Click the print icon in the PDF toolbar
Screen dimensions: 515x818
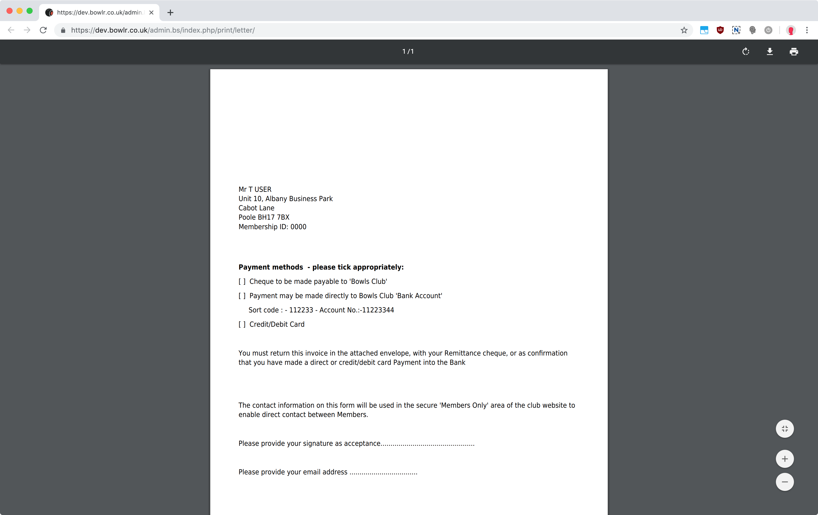tap(793, 52)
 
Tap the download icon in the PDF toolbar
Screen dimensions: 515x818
tap(770, 52)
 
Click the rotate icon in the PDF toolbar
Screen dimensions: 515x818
tap(746, 52)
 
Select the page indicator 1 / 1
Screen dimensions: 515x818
tap(408, 52)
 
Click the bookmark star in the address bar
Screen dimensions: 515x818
tap(684, 30)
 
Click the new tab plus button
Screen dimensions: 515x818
tap(170, 13)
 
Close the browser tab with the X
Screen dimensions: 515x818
tap(152, 13)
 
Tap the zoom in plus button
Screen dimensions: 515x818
tap(785, 459)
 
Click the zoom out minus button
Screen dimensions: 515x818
tap(785, 482)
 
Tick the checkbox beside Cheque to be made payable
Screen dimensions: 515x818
tap(242, 282)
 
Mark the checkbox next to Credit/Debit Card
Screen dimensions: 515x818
tap(242, 324)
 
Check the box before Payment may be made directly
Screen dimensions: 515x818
tap(242, 296)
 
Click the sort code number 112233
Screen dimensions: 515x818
tap(301, 310)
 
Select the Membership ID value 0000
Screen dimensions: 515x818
tap(298, 227)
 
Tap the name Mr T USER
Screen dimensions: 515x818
tap(255, 189)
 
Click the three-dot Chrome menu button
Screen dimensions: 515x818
tap(807, 30)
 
